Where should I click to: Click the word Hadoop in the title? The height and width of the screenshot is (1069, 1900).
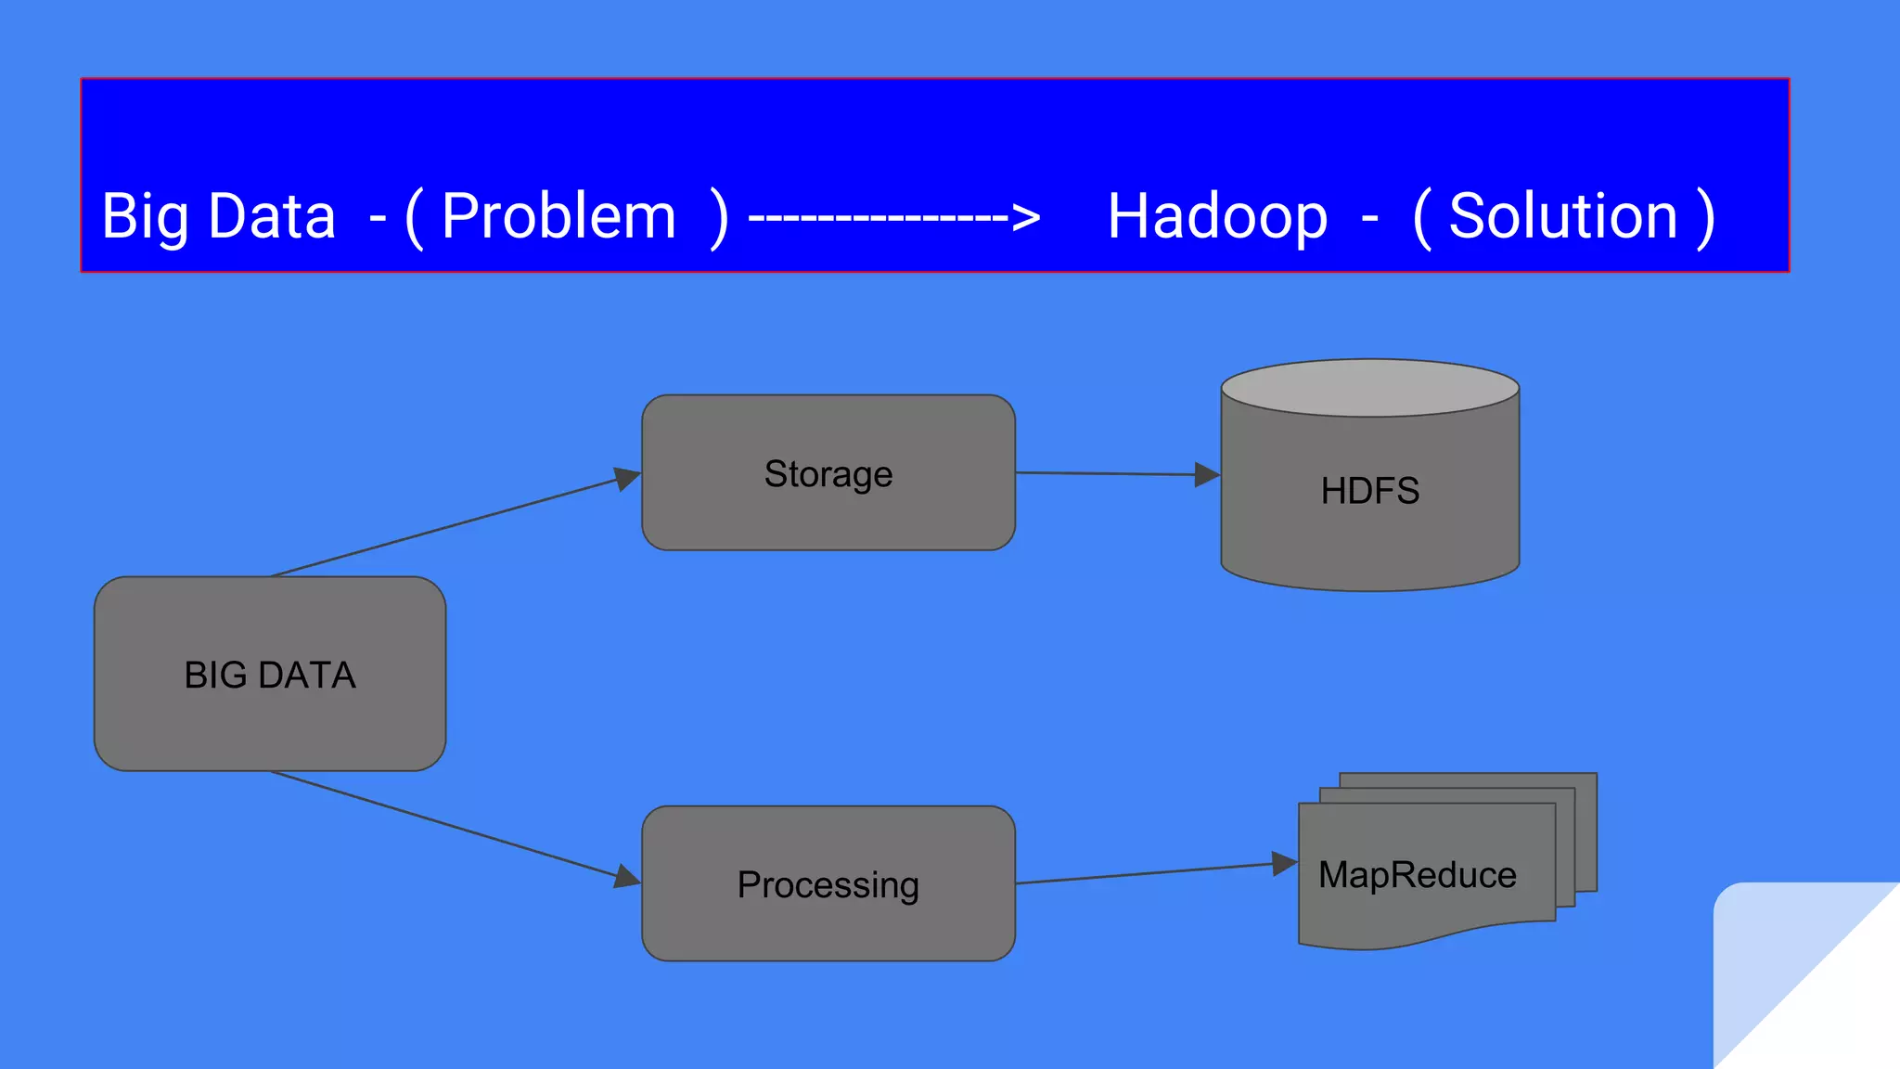click(x=1217, y=216)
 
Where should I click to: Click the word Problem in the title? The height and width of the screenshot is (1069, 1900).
click(x=558, y=216)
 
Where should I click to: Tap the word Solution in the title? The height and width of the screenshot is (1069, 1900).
click(x=1563, y=216)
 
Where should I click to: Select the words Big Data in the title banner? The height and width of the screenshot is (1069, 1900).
click(x=218, y=216)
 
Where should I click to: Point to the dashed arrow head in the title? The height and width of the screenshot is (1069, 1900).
click(x=1026, y=218)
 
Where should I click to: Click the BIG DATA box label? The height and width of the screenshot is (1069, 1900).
click(x=270, y=675)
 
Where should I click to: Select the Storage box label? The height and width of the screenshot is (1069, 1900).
click(x=828, y=474)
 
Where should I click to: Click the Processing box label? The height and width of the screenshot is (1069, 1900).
click(x=828, y=884)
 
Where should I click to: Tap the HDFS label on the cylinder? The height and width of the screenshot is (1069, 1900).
click(x=1370, y=491)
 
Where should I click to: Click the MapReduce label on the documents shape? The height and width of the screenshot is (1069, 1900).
click(x=1418, y=875)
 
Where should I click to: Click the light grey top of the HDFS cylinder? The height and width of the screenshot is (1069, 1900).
click(x=1370, y=388)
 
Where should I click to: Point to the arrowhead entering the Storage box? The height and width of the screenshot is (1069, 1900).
click(x=628, y=479)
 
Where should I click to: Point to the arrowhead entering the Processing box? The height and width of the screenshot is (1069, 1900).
click(x=628, y=876)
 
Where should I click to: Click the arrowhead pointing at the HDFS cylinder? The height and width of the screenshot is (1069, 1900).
click(x=1206, y=475)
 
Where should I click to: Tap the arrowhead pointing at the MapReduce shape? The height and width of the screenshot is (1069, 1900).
click(x=1284, y=864)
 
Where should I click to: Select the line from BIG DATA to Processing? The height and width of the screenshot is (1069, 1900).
click(x=445, y=823)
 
